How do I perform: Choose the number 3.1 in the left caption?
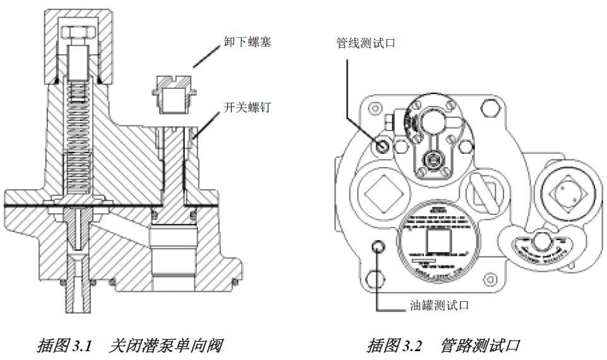pos(82,345)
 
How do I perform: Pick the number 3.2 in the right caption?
pos(416,345)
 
